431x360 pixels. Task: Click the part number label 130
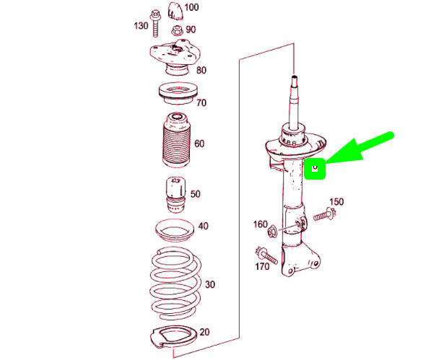[141, 26]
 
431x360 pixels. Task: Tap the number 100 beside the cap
[191, 7]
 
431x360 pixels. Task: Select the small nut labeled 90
[177, 30]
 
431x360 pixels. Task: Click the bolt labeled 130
[155, 23]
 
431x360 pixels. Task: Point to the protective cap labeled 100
[175, 11]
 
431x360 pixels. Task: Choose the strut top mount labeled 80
[175, 57]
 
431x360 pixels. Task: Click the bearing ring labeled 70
[178, 93]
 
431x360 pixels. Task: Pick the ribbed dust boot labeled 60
[176, 139]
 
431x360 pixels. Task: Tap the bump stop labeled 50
[175, 195]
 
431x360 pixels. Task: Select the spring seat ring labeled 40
[175, 230]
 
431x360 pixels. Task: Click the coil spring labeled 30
[175, 284]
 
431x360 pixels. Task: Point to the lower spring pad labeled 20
[173, 337]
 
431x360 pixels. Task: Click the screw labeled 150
[325, 214]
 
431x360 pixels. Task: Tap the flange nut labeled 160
[273, 231]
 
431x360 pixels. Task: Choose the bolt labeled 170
[266, 255]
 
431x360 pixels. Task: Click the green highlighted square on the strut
[315, 169]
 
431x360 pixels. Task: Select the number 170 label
[262, 266]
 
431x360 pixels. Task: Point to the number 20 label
[204, 332]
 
